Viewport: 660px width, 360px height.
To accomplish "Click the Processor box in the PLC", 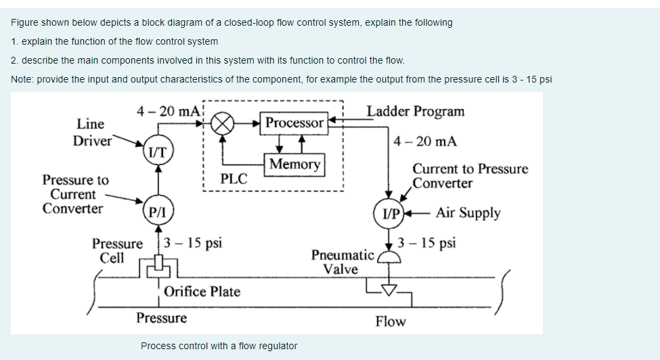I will pos(294,123).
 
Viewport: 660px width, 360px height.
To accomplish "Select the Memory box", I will pos(294,164).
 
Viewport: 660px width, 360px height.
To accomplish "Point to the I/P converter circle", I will pos(390,212).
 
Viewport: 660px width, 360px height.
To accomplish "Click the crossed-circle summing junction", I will pos(223,124).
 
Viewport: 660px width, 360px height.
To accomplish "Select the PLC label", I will pos(234,179).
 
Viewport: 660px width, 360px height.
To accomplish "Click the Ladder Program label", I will pos(415,111).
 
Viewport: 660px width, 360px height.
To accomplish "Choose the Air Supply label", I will pos(468,212).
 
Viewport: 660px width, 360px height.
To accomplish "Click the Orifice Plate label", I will pos(202,292).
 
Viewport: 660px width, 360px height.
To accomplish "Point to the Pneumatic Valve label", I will pos(341,262).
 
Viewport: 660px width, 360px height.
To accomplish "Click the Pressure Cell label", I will pos(117,250).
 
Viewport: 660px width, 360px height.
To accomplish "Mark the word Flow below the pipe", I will pos(390,321).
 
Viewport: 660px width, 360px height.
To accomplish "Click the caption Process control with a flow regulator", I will pos(219,346).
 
